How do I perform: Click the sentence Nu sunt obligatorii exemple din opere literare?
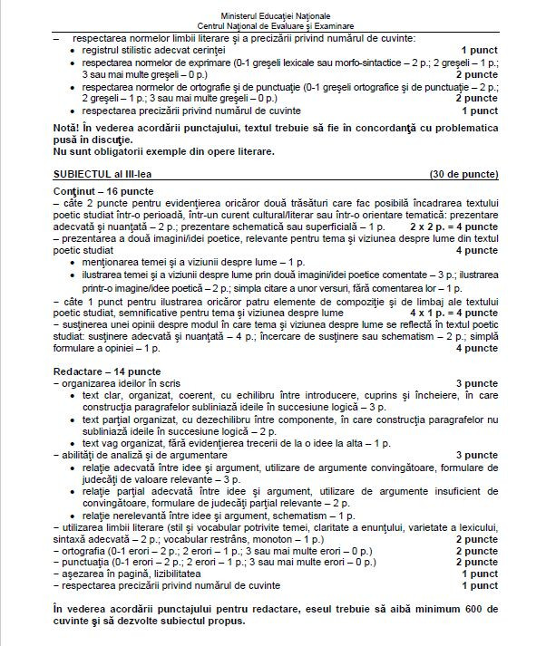coord(164,151)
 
